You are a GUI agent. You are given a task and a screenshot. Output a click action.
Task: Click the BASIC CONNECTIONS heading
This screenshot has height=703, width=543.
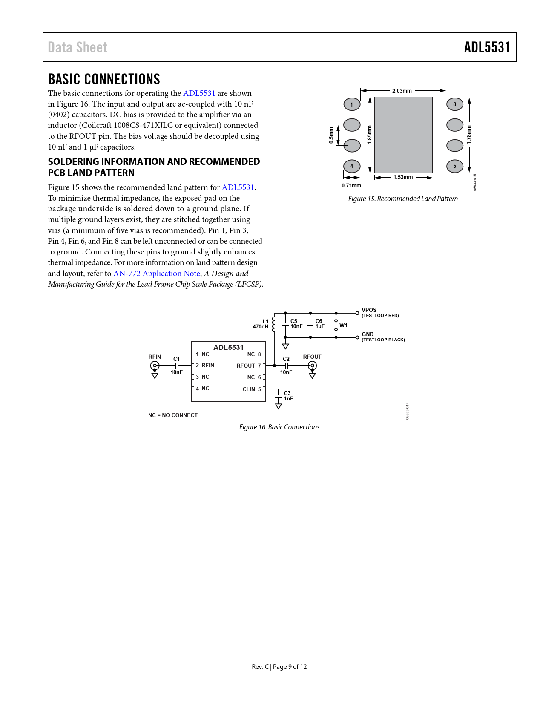(104, 79)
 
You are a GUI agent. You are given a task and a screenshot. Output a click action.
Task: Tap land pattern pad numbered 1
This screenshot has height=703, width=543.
(352, 104)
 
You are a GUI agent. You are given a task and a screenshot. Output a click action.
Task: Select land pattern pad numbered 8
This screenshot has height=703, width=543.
(454, 104)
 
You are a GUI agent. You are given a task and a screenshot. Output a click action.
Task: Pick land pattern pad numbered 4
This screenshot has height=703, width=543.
(352, 166)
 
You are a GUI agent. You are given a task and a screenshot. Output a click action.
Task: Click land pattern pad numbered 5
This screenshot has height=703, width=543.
(454, 166)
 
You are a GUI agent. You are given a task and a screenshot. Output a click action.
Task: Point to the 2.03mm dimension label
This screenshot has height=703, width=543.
(402, 91)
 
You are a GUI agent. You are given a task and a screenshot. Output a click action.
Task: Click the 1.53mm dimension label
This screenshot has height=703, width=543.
(403, 177)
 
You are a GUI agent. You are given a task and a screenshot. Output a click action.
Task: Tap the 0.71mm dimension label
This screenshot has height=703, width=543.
(351, 186)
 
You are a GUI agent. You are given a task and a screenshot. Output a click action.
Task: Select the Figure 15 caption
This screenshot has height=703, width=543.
(403, 199)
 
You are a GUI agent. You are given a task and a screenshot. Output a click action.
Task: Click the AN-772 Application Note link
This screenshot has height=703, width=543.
(157, 274)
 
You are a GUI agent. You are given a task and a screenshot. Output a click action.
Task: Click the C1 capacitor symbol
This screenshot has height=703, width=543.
(177, 366)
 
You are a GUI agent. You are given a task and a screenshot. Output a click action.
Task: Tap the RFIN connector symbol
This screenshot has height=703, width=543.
(155, 366)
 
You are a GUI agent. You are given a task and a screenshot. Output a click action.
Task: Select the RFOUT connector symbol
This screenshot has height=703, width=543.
(312, 366)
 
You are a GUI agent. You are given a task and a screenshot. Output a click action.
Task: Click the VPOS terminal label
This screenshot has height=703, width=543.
(369, 310)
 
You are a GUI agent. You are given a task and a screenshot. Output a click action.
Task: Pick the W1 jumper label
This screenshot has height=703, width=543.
(343, 326)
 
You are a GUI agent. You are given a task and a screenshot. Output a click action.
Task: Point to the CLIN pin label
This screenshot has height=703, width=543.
(249, 389)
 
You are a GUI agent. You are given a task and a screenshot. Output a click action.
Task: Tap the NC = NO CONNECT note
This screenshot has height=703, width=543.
(173, 415)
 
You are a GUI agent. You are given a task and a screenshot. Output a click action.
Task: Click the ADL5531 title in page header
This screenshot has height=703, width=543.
(487, 47)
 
